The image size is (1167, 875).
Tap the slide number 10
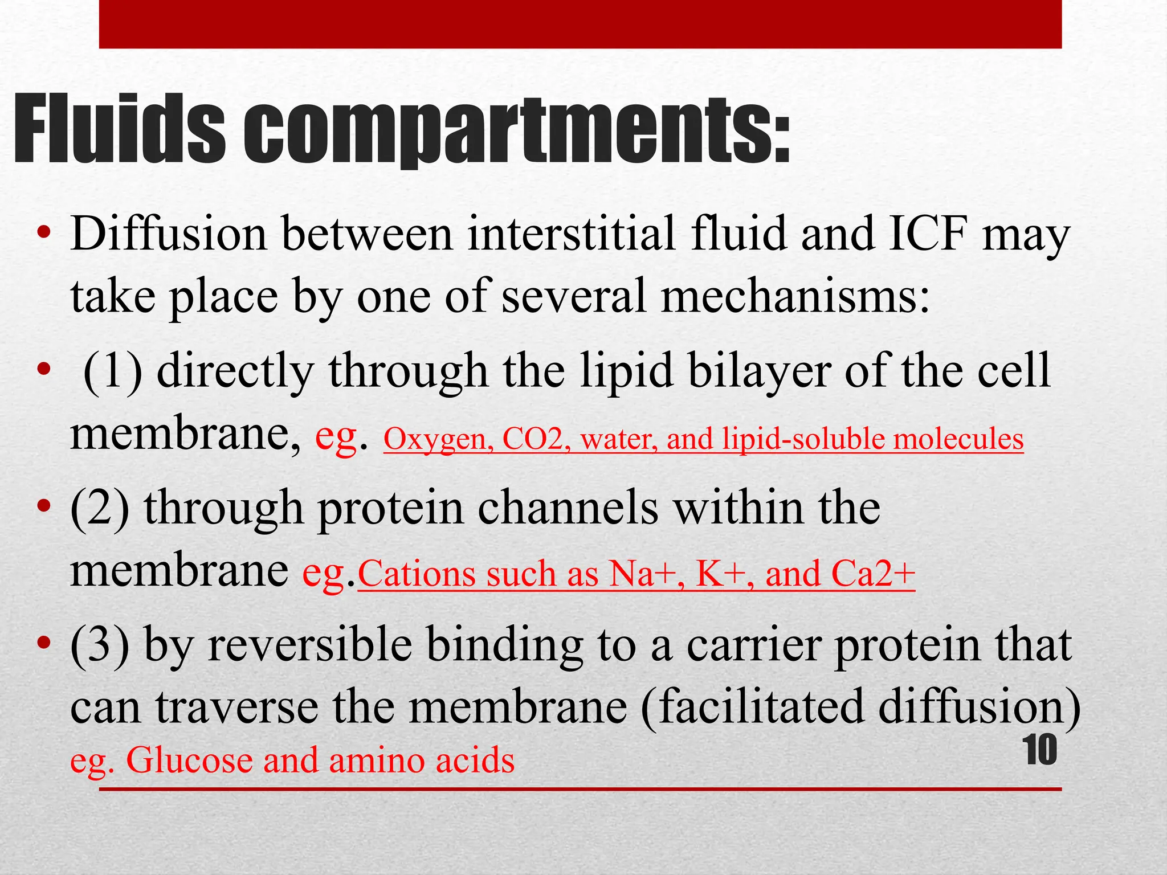(x=1040, y=750)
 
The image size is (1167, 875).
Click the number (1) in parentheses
(x=113, y=370)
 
